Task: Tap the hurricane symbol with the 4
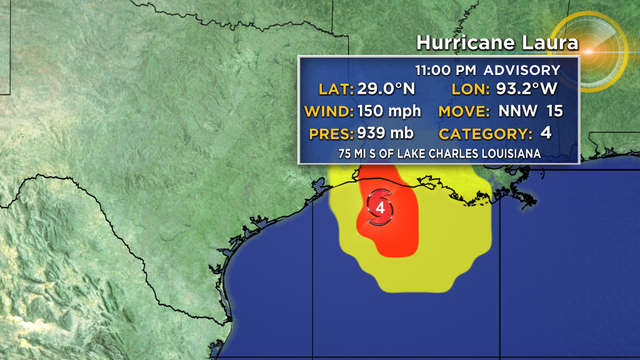(381, 208)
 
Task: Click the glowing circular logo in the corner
(591, 52)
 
